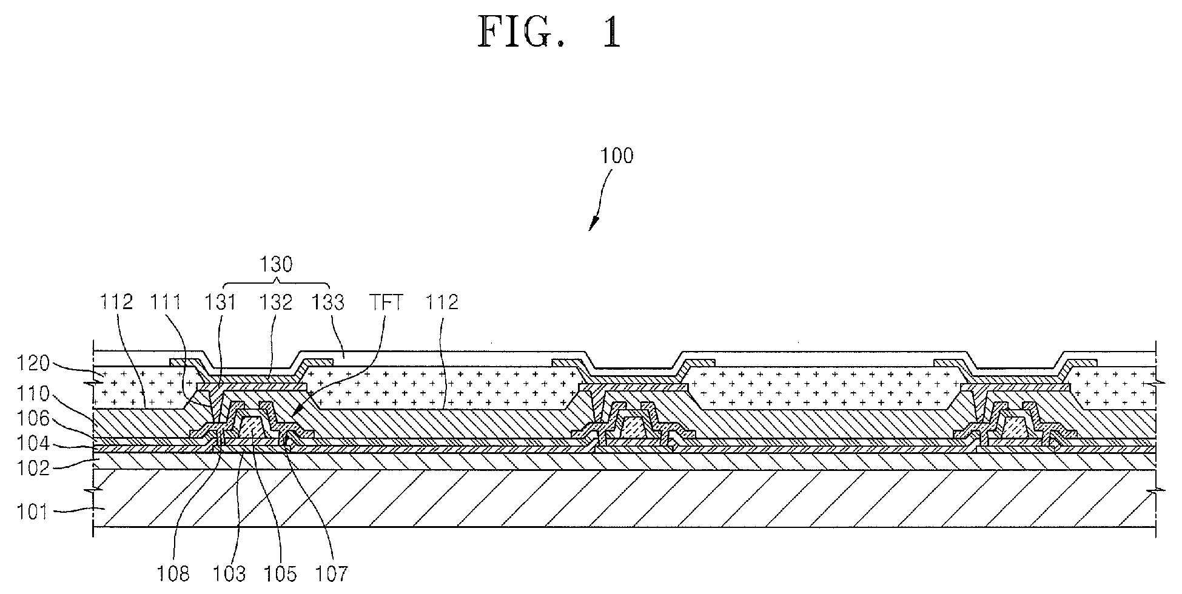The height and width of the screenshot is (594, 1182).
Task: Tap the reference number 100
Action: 617,156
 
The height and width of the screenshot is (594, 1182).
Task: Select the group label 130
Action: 276,264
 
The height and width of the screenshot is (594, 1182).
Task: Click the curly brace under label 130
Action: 276,283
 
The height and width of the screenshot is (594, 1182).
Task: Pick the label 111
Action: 166,302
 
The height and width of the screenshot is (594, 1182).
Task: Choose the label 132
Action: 276,302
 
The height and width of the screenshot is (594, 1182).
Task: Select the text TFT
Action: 386,302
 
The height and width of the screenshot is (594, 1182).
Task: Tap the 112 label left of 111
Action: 116,302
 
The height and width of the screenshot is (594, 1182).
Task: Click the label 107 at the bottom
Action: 332,573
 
